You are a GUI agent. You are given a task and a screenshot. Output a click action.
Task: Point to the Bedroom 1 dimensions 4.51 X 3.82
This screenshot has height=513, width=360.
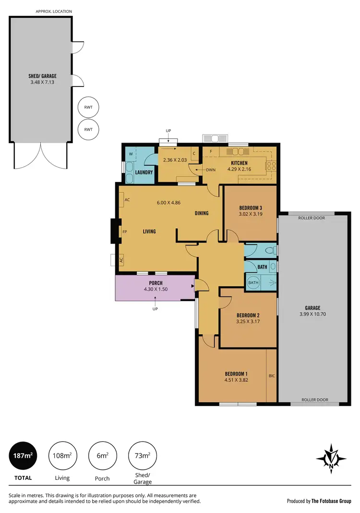pyautogui.click(x=236, y=380)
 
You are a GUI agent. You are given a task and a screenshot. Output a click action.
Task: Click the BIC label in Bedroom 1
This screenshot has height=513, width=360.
pyautogui.click(x=272, y=376)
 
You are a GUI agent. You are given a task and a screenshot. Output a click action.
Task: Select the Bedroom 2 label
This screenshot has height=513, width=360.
pyautogui.click(x=248, y=316)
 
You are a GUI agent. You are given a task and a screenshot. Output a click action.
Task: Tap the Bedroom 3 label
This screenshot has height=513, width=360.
pyautogui.click(x=250, y=208)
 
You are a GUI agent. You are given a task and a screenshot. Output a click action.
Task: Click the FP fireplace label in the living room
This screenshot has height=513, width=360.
pyautogui.click(x=124, y=232)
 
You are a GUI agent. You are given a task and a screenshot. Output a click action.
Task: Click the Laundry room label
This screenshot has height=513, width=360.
pyautogui.click(x=144, y=172)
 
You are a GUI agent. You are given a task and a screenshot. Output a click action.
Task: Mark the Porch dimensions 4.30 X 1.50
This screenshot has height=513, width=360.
pyautogui.click(x=155, y=290)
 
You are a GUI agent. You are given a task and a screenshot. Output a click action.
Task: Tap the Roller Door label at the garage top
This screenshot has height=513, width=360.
pyautogui.click(x=312, y=218)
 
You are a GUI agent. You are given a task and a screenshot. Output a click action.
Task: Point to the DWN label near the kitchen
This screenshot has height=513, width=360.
pyautogui.click(x=210, y=170)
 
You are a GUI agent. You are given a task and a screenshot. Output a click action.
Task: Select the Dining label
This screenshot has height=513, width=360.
pyautogui.click(x=202, y=213)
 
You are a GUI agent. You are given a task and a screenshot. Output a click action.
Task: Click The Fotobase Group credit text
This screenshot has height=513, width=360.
pyautogui.click(x=332, y=501)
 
